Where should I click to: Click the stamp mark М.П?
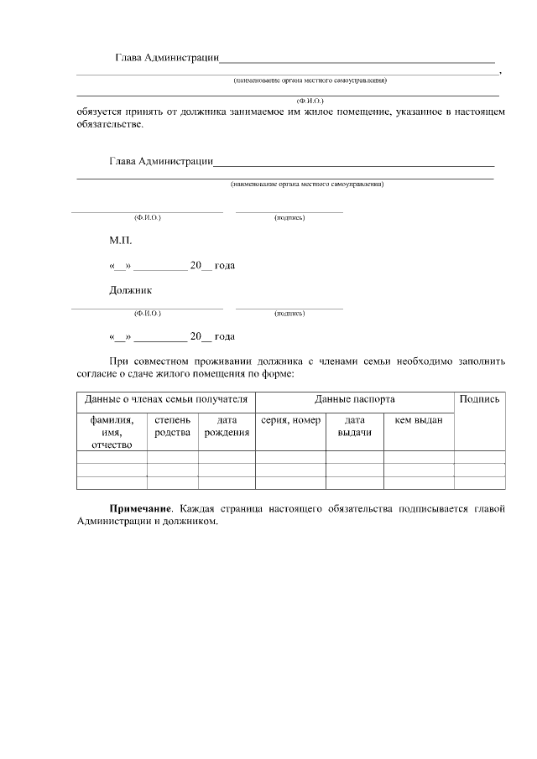pos(120,240)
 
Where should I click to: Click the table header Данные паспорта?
pos(354,399)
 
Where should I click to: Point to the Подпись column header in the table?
pos(480,399)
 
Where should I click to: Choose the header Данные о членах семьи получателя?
pos(166,399)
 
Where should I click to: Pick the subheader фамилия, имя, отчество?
pos(112,432)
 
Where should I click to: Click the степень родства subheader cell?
pos(173,426)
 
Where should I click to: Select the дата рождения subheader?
pos(227,426)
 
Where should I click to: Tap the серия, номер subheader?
pos(290,420)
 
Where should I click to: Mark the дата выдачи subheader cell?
pos(355,426)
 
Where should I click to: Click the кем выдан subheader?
pos(419,420)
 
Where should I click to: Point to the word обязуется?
pos(101,112)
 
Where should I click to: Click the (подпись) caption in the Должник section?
pos(289,314)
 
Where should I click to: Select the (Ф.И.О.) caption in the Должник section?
pos(148,314)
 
